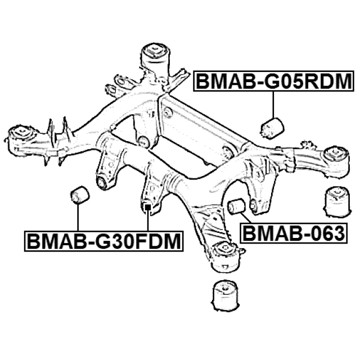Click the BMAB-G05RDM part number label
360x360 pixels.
[274, 82]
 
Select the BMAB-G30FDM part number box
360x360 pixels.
[104, 241]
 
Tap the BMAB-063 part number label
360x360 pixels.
[293, 232]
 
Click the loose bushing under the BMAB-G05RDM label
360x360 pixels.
[272, 128]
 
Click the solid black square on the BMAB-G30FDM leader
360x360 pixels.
[147, 208]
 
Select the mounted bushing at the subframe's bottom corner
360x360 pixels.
[226, 251]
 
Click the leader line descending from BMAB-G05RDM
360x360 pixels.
[273, 104]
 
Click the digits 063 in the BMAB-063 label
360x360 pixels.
[325, 232]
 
